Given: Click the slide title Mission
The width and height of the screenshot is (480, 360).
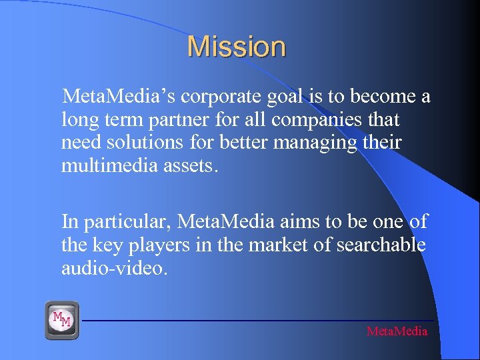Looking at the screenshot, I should (x=237, y=47).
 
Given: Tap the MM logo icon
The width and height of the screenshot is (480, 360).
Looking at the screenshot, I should (x=62, y=320).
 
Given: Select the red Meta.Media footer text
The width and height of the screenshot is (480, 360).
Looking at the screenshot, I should (x=397, y=331).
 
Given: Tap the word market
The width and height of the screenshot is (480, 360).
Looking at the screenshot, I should (x=277, y=245).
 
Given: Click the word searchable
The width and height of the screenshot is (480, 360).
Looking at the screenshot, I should (x=381, y=245).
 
